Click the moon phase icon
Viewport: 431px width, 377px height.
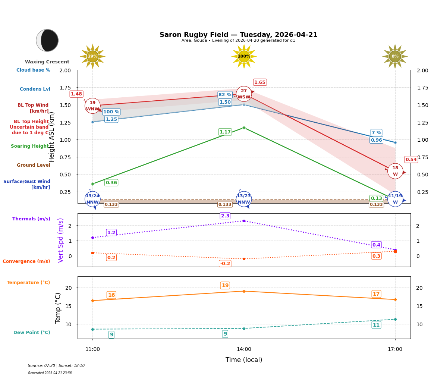click(47, 40)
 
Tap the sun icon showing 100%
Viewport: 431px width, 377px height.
click(244, 56)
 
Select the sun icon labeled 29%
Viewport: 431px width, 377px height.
click(92, 56)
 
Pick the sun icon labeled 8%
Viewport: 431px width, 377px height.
click(395, 56)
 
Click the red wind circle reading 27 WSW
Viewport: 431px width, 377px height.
click(244, 94)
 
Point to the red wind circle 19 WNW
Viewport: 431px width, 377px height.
click(92, 106)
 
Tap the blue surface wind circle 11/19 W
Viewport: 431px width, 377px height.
click(395, 199)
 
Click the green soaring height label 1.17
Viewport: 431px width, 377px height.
click(225, 132)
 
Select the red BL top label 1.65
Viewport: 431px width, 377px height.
click(260, 82)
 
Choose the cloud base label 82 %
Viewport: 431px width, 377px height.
click(225, 95)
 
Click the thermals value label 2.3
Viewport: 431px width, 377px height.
click(225, 216)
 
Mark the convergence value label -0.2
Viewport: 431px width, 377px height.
click(225, 264)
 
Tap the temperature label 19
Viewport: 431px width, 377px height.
click(225, 286)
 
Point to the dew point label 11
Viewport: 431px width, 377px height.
click(376, 325)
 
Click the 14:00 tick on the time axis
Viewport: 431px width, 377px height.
click(244, 349)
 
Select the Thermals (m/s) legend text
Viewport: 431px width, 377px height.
click(31, 219)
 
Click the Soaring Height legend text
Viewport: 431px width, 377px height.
click(30, 146)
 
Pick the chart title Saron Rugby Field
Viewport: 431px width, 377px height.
click(238, 35)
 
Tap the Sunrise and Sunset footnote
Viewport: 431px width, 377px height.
click(56, 366)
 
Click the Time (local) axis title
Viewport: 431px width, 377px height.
click(244, 360)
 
